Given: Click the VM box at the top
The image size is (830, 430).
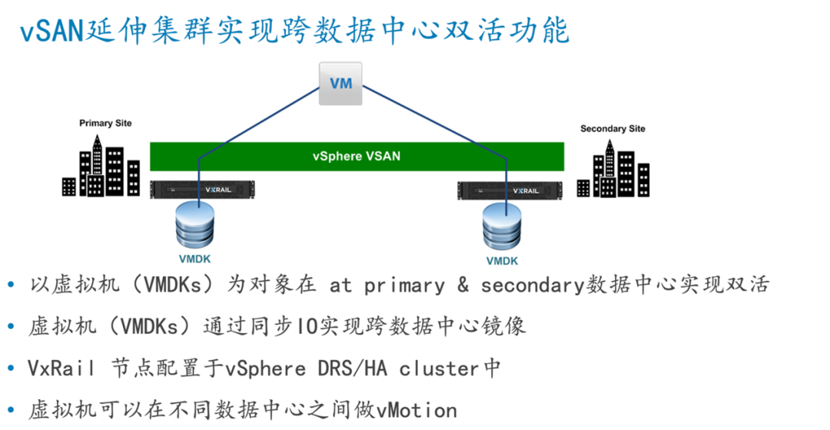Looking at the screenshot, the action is click(340, 84).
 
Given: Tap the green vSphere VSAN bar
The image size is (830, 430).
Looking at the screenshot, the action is click(357, 157).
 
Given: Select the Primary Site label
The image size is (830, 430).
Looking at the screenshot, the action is click(105, 123).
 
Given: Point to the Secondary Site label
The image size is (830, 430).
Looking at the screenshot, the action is click(613, 128).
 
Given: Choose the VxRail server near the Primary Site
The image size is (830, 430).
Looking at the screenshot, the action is click(202, 190).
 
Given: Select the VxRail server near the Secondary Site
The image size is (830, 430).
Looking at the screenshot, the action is click(510, 191).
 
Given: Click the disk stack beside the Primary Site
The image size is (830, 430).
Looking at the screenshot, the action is click(194, 225).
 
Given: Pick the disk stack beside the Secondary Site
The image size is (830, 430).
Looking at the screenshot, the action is click(502, 227).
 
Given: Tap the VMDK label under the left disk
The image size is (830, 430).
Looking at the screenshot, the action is click(194, 260).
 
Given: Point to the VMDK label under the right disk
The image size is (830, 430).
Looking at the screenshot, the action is click(502, 261).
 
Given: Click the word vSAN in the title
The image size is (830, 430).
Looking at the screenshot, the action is click(52, 31).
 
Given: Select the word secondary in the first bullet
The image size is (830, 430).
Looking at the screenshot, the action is click(533, 286).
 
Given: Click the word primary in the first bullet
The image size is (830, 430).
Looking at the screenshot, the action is click(405, 286).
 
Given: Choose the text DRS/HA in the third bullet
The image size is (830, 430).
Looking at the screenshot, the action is click(353, 368).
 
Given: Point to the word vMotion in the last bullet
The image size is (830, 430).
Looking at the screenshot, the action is click(417, 411).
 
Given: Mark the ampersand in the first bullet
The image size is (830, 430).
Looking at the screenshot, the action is click(463, 285).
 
